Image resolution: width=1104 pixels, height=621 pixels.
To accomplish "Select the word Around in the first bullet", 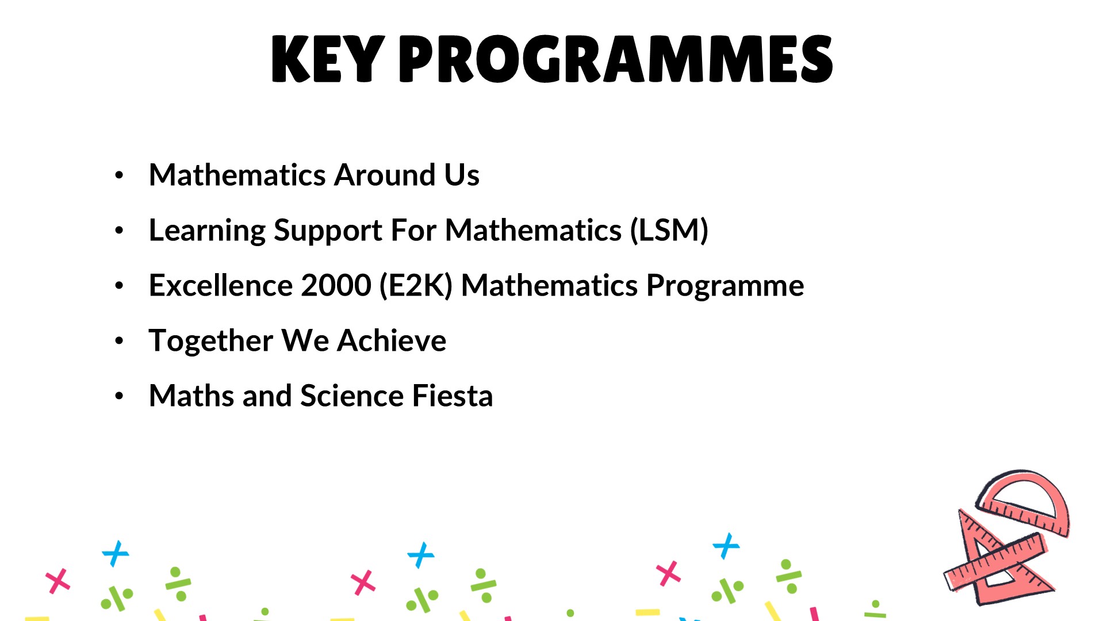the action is tap(385, 175).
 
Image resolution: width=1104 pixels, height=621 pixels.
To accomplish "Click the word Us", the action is tap(462, 175).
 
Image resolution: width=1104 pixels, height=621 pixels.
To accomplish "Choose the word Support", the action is tap(328, 231).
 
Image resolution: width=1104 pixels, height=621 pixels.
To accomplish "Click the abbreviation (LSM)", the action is tap(669, 230).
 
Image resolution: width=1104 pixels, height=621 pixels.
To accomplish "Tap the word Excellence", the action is tap(220, 285).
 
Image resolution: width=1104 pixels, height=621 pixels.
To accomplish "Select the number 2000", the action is tap(336, 285).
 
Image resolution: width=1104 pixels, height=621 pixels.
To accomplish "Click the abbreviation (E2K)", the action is tap(416, 286).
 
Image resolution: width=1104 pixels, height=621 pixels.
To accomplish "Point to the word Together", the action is tap(211, 341).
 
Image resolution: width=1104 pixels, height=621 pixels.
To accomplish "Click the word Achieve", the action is tap(392, 340).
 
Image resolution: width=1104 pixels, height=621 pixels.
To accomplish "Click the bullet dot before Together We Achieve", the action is tap(119, 341).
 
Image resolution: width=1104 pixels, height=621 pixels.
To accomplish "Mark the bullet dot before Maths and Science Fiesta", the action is tap(119, 396).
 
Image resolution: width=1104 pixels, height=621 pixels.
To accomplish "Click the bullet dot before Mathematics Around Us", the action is tap(119, 175).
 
